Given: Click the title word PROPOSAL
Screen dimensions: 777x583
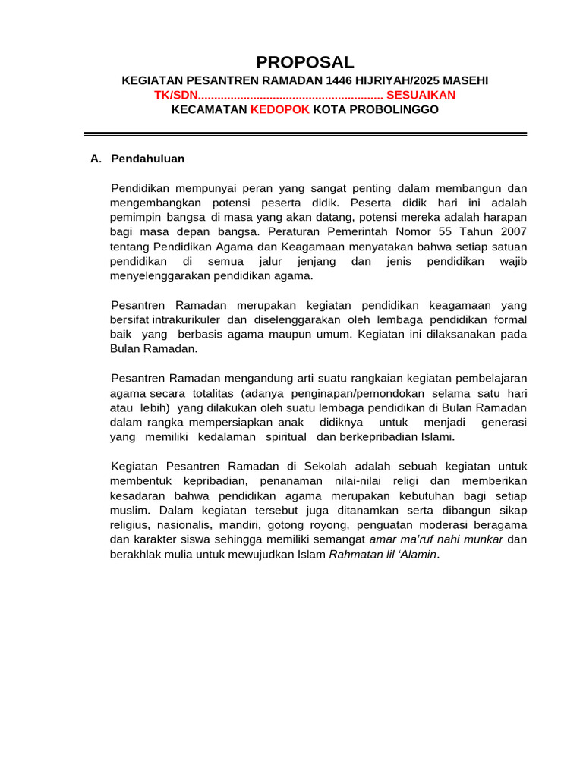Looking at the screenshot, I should [x=304, y=62].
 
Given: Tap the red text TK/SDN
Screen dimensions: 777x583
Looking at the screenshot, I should [x=175, y=95].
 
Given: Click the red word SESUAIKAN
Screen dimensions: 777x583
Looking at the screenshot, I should [x=421, y=95].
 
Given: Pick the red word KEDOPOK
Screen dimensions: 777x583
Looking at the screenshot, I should [x=280, y=109].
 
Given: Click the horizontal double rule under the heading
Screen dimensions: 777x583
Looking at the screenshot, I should [x=304, y=134].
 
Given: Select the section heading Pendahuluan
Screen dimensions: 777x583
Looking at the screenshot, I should [x=147, y=159].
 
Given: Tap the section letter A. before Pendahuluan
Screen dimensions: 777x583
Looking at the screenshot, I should [x=96, y=159].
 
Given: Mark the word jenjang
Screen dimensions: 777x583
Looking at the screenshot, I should [x=313, y=261].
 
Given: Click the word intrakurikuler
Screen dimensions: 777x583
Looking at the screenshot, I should [x=185, y=319].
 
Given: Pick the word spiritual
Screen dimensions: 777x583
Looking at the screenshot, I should [x=285, y=436].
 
